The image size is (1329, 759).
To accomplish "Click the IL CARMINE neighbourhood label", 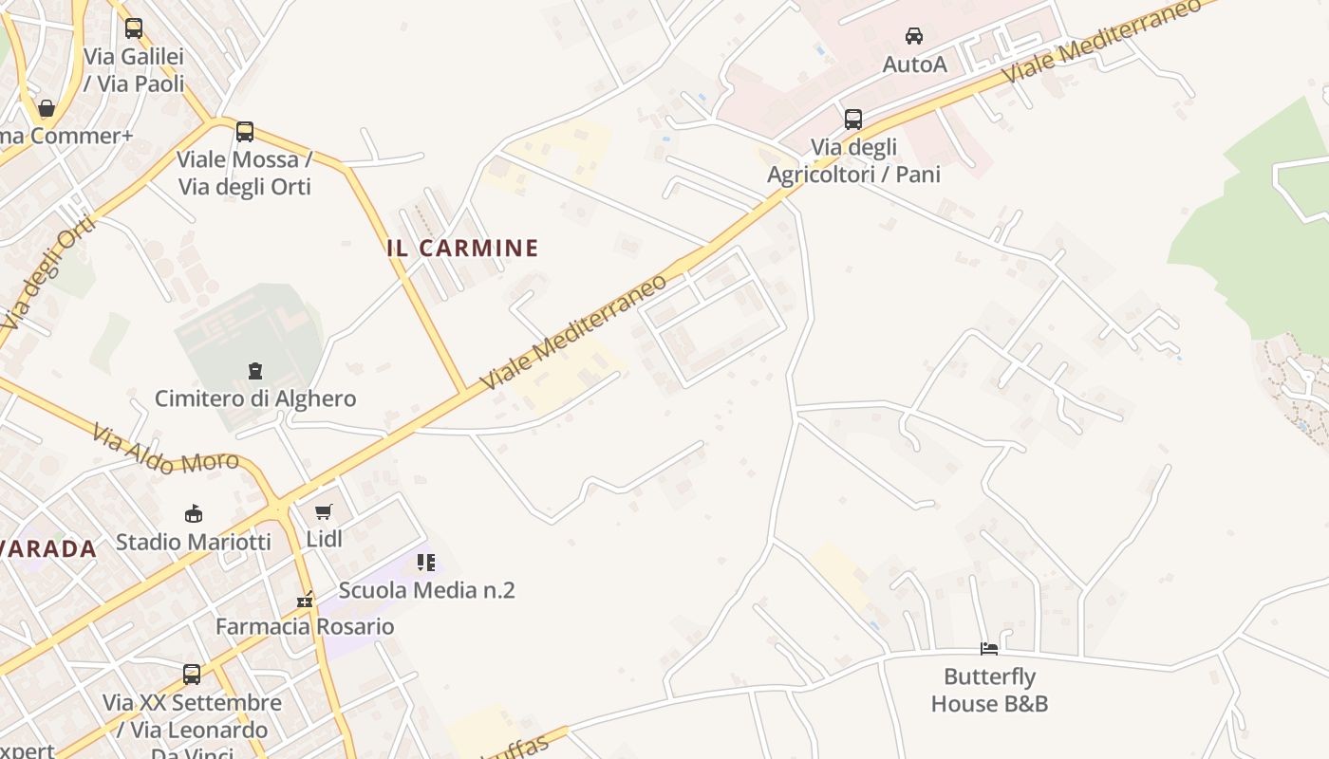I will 462,249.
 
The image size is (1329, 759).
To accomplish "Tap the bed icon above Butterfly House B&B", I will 989,649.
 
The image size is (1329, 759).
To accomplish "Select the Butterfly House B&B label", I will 989,690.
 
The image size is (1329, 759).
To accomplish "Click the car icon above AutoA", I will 914,36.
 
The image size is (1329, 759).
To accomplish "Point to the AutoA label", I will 914,65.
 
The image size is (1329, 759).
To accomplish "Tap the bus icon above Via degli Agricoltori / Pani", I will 853,120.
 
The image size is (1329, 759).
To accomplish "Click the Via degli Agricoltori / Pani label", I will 853,161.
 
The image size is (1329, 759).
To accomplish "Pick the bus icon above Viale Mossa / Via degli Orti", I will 245,132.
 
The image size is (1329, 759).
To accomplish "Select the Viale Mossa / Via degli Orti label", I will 245,173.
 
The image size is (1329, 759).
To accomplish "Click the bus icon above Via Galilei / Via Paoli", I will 134,28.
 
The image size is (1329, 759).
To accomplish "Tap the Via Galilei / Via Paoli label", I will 134,70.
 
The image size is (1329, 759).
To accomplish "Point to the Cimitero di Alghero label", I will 255,398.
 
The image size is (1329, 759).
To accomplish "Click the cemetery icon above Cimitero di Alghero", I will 254,370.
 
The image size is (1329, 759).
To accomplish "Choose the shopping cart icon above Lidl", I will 324,512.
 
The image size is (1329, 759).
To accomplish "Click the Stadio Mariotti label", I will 194,542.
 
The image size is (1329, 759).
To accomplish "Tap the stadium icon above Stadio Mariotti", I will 194,513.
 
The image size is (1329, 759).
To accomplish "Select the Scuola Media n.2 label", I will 426,590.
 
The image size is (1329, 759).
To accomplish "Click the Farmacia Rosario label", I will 305,626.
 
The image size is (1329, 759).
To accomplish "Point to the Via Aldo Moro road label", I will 165,450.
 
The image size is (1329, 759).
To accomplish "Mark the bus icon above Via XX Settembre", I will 192,675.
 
